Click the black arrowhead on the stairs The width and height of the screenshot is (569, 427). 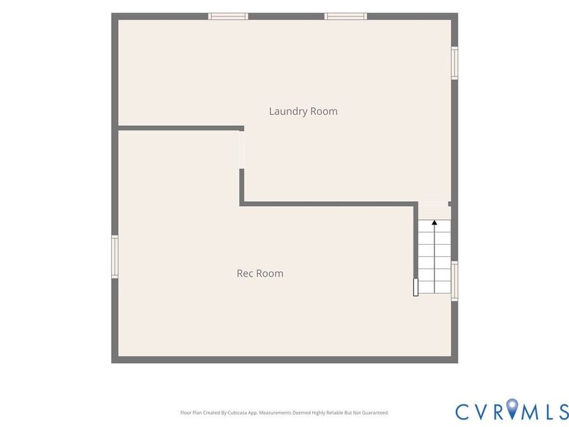[434, 222]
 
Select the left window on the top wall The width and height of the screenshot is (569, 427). [228, 16]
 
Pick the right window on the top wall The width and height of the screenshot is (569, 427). [345, 16]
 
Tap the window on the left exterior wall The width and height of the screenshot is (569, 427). [114, 257]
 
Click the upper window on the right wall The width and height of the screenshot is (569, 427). [455, 63]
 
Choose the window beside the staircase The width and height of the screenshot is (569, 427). [455, 281]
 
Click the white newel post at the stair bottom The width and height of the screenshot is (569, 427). [416, 287]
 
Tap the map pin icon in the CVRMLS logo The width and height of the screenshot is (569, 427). [512, 408]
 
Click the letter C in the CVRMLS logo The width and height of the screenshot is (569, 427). [463, 411]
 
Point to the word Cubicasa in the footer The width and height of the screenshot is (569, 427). [237, 413]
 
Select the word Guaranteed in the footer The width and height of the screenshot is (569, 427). [377, 413]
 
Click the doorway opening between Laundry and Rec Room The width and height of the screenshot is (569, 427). [242, 150]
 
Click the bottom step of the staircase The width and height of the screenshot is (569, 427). [435, 287]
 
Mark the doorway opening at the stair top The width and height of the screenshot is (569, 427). [434, 204]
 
